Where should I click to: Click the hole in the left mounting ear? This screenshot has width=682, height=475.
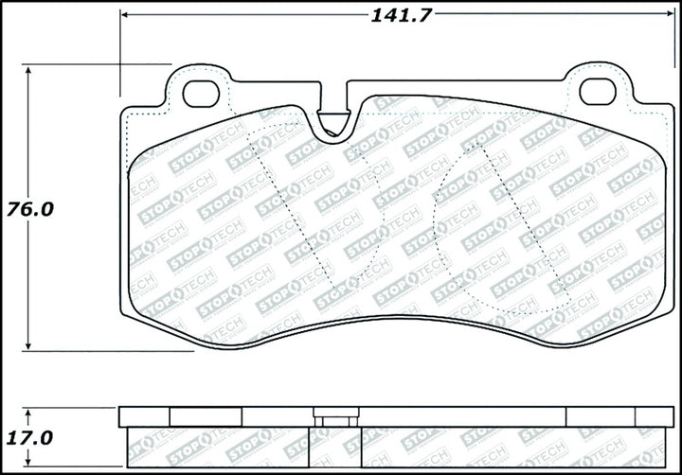coord(200,93)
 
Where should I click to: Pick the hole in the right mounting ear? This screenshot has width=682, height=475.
coord(597,92)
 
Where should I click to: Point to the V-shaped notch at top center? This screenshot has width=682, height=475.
coord(334,124)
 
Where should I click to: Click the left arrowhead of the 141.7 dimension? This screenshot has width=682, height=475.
coord(126,13)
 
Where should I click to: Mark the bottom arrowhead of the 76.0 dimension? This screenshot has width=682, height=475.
coord(29,345)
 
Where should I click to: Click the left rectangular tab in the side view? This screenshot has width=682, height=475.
coord(206,417)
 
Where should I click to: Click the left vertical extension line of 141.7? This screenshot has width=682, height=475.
coord(120,57)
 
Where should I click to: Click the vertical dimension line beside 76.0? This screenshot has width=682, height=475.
coord(29,284)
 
